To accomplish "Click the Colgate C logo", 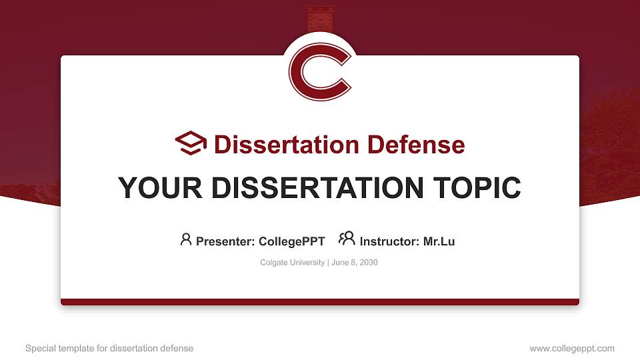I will (x=320, y=71).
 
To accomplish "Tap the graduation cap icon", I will (x=191, y=143).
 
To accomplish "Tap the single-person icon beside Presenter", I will (x=186, y=239).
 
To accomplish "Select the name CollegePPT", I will (x=292, y=241).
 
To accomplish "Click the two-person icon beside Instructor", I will (x=347, y=239).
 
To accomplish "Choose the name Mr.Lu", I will (x=439, y=241).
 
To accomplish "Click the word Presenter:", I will (x=225, y=241).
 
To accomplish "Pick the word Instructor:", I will (x=390, y=241).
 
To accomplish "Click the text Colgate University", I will (x=292, y=263).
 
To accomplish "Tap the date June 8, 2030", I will (x=354, y=263).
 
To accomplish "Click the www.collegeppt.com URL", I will (x=572, y=348).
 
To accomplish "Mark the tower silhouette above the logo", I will (x=320, y=17).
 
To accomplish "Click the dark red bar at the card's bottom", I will (x=320, y=302).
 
